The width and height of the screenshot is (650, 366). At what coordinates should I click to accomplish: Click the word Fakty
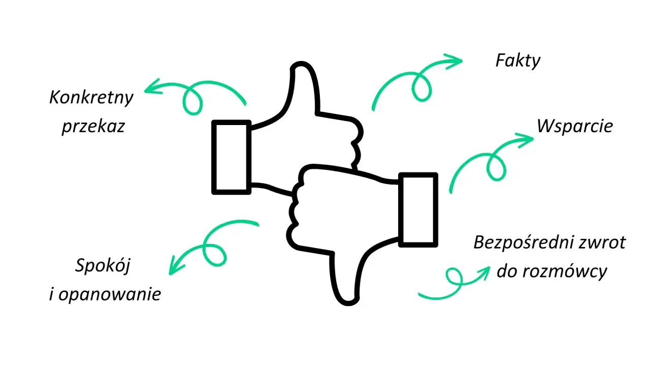click(517, 61)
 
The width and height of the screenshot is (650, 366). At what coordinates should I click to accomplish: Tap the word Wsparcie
click(574, 127)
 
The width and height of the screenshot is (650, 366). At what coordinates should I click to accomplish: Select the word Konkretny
click(91, 98)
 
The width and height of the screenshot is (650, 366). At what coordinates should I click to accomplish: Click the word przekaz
click(93, 127)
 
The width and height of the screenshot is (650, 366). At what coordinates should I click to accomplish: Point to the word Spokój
click(103, 265)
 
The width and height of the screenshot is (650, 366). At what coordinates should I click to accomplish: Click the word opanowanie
click(110, 294)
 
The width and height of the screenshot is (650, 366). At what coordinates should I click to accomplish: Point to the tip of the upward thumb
click(301, 64)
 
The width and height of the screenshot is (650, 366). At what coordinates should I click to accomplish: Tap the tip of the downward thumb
click(348, 303)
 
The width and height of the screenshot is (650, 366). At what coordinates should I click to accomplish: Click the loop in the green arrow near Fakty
click(421, 87)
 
